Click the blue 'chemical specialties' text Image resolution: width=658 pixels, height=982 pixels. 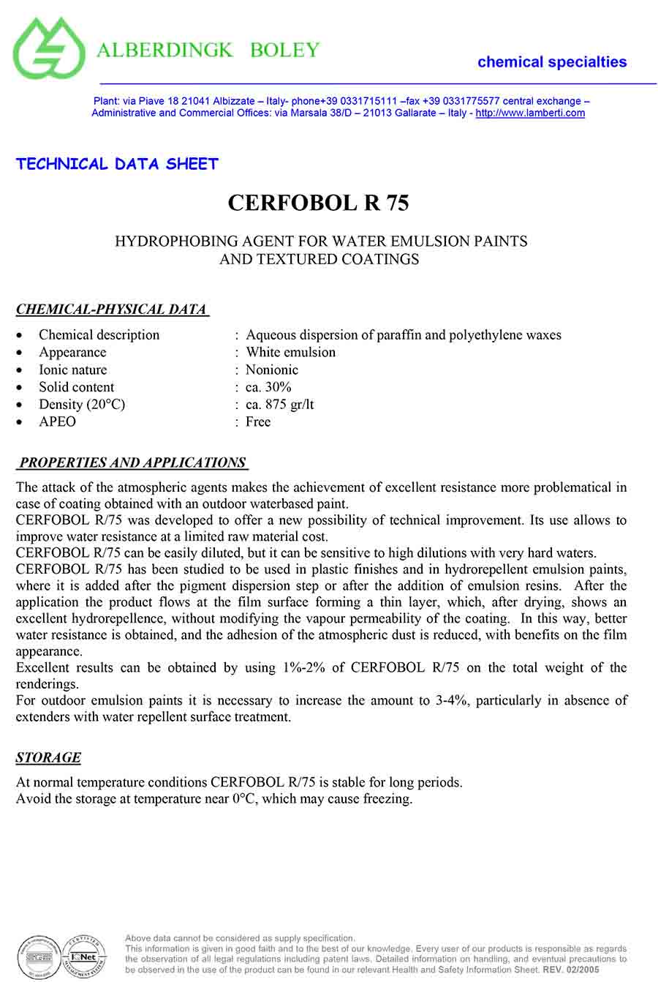pos(552,62)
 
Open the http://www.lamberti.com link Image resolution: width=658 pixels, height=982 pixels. pos(530,113)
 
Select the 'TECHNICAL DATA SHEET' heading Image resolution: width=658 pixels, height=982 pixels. pos(117,164)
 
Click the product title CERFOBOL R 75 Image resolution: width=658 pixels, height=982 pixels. pos(318,203)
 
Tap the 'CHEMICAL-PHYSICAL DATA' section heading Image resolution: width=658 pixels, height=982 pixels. pos(112,310)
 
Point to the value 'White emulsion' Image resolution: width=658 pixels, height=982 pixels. pos(290,352)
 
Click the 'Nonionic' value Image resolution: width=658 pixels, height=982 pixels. pos(272,370)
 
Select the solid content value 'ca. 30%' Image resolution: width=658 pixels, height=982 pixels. pos(268,387)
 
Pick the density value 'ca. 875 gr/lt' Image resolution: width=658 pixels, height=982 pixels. pos(279,405)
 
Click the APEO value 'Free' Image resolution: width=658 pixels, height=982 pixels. pos(258,422)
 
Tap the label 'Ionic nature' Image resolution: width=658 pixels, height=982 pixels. pos(72,370)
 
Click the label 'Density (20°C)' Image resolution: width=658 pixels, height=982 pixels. pos(82,405)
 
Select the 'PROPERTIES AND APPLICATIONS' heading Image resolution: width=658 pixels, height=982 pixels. pos(132,462)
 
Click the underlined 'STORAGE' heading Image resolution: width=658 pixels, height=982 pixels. pos(48,757)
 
